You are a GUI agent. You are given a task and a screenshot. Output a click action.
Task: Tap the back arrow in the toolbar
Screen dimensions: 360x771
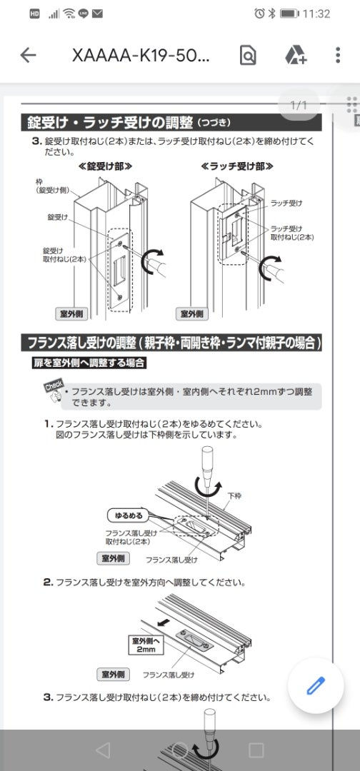pyautogui.click(x=28, y=55)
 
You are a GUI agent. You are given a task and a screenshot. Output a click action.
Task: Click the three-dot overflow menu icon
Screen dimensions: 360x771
pyautogui.click(x=338, y=55)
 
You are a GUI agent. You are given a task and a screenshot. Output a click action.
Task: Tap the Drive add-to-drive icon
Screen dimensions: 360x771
pyautogui.click(x=296, y=55)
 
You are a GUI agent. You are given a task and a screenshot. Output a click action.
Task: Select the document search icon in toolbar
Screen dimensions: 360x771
pyautogui.click(x=248, y=55)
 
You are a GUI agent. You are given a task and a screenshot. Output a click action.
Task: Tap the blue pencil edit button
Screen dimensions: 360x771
pyautogui.click(x=316, y=685)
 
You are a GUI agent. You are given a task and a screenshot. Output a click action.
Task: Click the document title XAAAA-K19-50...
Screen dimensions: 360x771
pyautogui.click(x=141, y=56)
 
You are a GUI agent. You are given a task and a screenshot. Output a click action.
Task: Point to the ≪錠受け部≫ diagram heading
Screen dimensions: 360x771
pyautogui.click(x=105, y=166)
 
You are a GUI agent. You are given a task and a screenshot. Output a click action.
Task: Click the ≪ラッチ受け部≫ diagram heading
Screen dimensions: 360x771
pyautogui.click(x=237, y=166)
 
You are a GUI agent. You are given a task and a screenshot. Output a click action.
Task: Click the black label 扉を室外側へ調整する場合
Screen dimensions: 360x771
pyautogui.click(x=89, y=363)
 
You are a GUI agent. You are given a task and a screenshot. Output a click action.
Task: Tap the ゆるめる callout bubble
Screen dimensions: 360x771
pyautogui.click(x=129, y=516)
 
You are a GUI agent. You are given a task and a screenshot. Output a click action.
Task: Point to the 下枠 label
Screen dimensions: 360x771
pyautogui.click(x=234, y=496)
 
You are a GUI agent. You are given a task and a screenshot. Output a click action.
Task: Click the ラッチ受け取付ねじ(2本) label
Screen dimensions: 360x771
pyautogui.click(x=293, y=232)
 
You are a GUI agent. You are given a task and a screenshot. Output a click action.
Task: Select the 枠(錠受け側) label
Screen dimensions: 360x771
pyautogui.click(x=51, y=186)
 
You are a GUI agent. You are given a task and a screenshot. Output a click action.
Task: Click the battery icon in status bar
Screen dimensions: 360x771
pyautogui.click(x=289, y=14)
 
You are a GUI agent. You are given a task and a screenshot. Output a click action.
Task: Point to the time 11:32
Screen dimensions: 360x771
pyautogui.click(x=316, y=14)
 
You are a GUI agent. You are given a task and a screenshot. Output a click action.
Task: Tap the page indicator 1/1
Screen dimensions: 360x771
pyautogui.click(x=299, y=105)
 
